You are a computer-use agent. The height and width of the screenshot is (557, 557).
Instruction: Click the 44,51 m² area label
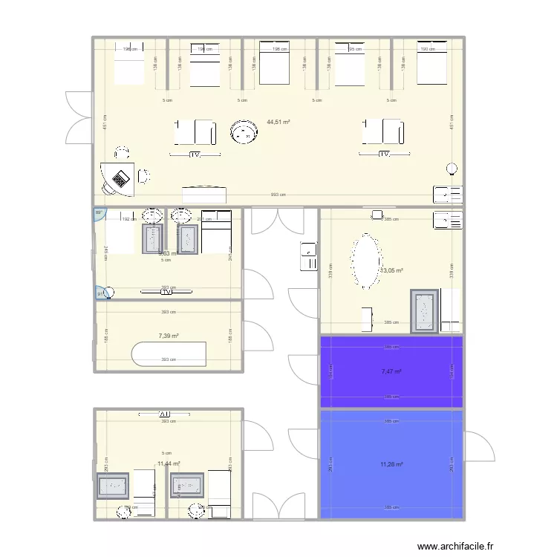278,123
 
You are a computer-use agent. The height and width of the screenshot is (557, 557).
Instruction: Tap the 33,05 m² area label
391,271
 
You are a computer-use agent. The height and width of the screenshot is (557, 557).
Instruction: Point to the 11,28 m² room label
391,465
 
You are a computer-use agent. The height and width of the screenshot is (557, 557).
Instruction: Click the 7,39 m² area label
169,336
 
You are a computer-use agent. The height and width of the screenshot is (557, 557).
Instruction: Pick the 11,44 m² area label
169,464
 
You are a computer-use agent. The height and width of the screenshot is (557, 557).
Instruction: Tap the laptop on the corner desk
120,178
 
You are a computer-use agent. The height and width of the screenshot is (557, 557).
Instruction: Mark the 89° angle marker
98,214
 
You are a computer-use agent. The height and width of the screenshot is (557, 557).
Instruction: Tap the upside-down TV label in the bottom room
164,414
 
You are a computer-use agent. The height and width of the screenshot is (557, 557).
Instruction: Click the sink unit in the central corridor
308,257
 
